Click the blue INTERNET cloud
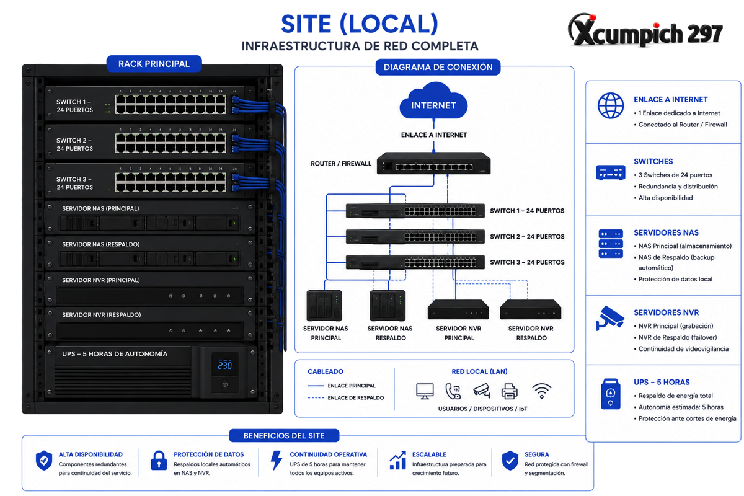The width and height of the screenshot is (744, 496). pos(433,101)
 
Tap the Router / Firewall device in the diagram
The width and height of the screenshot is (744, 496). pos(433,163)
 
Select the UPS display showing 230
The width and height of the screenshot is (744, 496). pos(225,365)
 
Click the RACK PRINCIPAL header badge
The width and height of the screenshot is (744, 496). pos(154,64)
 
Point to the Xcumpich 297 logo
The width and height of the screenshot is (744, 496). pos(645,30)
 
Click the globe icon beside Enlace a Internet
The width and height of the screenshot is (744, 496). pos(611,105)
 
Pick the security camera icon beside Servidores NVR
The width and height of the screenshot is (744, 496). pos(610,318)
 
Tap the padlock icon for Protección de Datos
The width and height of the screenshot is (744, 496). pos(159,461)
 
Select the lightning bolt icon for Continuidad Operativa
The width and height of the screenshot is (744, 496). pos(277,460)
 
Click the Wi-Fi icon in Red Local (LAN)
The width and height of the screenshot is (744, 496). pos(541,391)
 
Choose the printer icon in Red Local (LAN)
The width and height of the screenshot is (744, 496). pos(509,391)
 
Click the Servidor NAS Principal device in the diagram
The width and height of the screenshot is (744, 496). pos(324,305)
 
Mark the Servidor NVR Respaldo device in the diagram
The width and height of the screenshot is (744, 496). pos(531,309)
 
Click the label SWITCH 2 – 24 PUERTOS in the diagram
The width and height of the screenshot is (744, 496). pos(527,237)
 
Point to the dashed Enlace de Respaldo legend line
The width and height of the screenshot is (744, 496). pos(316,397)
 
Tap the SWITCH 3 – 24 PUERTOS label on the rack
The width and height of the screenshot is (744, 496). pos(75,183)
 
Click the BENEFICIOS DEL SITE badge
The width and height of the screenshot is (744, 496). pos(284,435)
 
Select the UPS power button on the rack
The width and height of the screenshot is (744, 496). pos(225,384)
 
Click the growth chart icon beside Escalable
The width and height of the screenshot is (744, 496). pos(398,460)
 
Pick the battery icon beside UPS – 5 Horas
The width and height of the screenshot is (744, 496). pos(610,394)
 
